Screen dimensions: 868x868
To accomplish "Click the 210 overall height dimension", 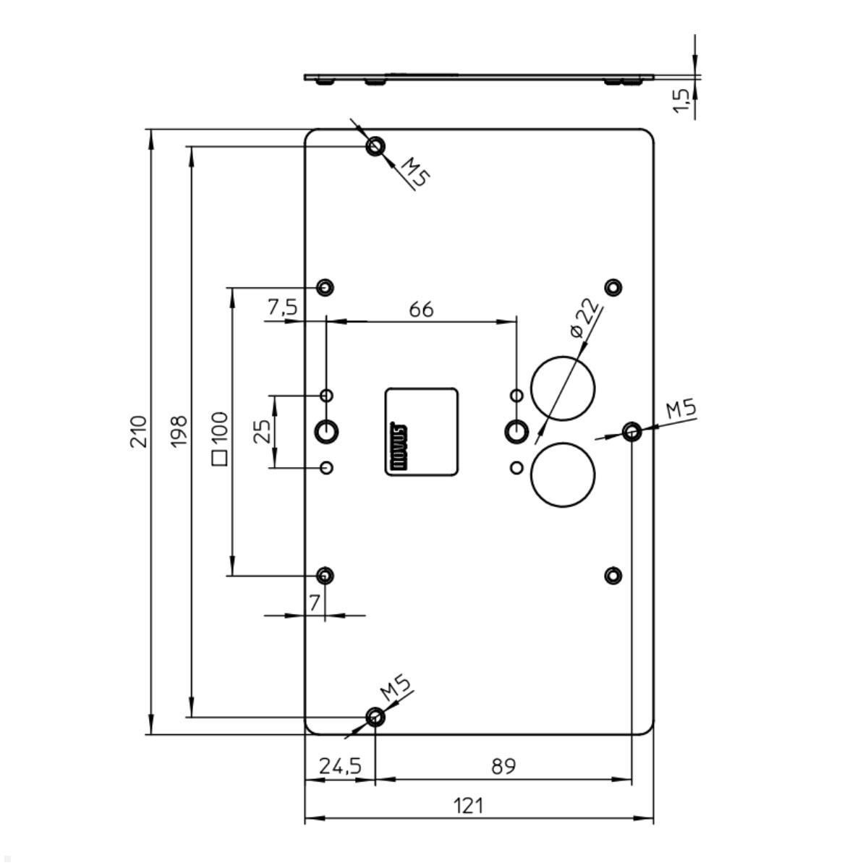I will [x=138, y=431].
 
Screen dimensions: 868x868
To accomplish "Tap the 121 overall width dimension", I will [x=469, y=805].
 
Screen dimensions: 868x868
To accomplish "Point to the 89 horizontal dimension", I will [x=503, y=766].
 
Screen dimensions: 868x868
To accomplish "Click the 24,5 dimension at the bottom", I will [x=340, y=766].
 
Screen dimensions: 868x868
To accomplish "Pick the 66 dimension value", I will [x=422, y=310].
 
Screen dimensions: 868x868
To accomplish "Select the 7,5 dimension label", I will [x=282, y=307].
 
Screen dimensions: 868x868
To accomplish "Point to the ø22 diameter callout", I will [x=585, y=318].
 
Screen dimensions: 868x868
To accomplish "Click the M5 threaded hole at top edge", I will [x=375, y=147].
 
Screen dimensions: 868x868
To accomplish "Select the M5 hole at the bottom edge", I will [x=375, y=717].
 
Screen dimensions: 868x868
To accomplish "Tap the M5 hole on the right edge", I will [x=631, y=433].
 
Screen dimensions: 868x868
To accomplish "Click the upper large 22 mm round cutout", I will [x=563, y=388].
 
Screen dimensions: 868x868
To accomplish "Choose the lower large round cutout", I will [x=563, y=475].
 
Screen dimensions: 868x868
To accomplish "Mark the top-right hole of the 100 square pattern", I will [x=613, y=287].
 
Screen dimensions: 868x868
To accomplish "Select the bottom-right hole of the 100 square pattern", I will [x=613, y=576].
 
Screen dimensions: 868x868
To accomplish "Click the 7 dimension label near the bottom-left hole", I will [x=315, y=603].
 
